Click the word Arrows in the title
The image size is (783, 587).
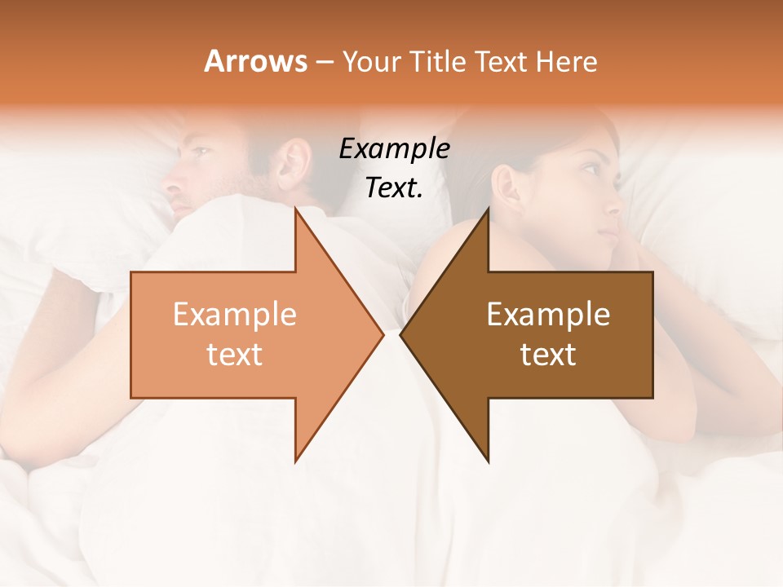pyautogui.click(x=256, y=62)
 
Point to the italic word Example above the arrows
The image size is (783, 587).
pyautogui.click(x=394, y=148)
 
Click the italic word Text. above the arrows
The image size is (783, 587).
pyautogui.click(x=394, y=188)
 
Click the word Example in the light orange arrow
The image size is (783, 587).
pyautogui.click(x=235, y=315)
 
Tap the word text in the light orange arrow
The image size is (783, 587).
pyautogui.click(x=235, y=355)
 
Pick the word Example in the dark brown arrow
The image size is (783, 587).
pyautogui.click(x=548, y=315)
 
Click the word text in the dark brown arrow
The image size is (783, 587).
pyautogui.click(x=548, y=355)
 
